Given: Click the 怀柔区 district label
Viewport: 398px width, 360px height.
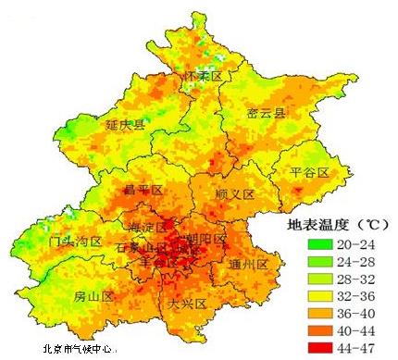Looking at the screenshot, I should point(204,75).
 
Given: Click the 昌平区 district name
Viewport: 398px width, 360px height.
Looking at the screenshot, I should point(143,190).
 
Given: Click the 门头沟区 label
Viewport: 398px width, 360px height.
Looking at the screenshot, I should point(74,242).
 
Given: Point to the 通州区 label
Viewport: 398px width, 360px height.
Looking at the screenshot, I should point(247,265).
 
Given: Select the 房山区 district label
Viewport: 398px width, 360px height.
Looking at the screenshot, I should point(93,297).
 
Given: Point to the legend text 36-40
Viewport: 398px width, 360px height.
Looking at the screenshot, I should point(364,315).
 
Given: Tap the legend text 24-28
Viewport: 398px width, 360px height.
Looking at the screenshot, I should point(364,263).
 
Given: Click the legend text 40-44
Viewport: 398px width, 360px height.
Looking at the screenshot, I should point(364,331).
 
